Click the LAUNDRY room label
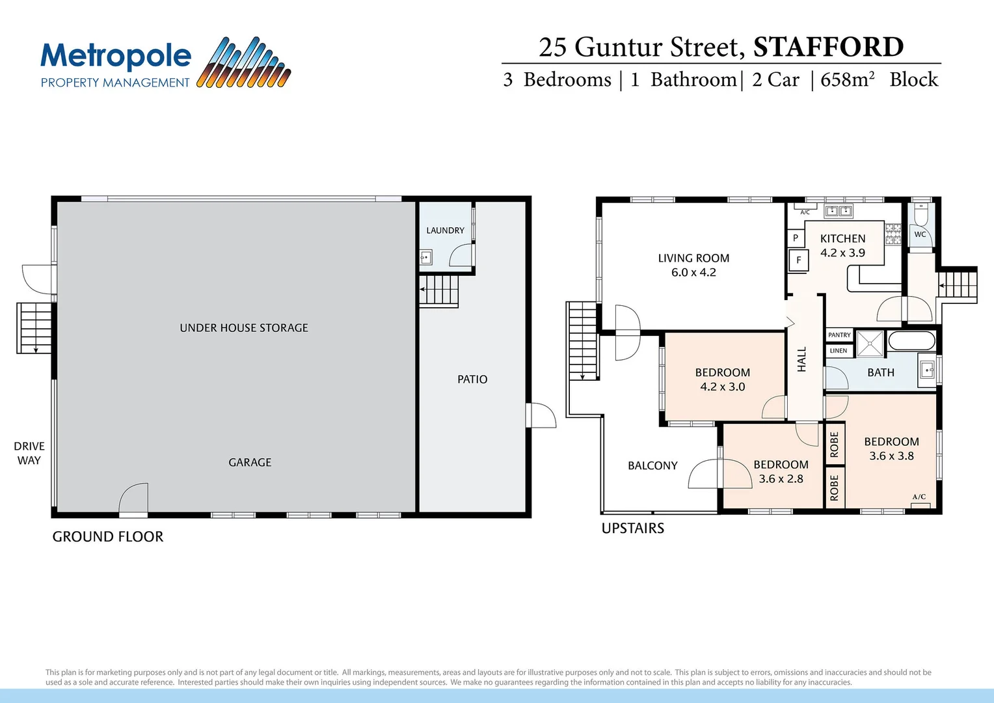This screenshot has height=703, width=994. coord(445,230)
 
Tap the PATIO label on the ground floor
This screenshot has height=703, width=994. coord(472,379)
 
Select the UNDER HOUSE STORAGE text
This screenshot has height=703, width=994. coord(244,328)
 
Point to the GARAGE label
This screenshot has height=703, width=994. coord(250,462)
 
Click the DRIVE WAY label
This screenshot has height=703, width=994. coord(29,453)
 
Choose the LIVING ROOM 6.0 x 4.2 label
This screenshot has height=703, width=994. coord(693,266)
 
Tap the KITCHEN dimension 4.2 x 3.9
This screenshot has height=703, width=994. coord(842,253)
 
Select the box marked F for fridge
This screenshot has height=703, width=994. coord(798,260)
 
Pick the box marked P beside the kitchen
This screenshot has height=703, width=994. coord(795,238)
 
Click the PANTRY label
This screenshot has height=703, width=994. coord(839,335)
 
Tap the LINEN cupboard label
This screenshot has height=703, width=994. coord(839,351)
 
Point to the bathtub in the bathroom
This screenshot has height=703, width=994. coord(911,340)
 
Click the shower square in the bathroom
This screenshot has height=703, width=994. coord(870,344)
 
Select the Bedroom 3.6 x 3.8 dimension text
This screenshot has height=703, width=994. coord(891,456)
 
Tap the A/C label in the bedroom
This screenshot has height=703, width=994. coord(919,497)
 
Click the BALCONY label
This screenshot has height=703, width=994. coord(652,465)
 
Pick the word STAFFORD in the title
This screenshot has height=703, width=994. coord(828,47)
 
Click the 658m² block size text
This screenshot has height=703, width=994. coord(847,79)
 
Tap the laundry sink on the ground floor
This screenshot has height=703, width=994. coord(426,257)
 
